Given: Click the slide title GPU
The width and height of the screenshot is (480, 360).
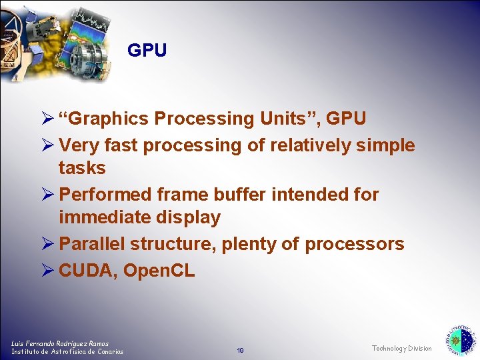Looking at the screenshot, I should point(147,51).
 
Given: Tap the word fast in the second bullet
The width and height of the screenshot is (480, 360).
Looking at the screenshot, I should point(121,145).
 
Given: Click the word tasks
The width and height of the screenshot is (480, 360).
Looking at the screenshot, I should point(82,168).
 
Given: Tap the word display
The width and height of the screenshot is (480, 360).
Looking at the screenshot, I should point(189,217).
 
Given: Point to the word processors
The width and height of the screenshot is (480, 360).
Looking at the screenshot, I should point(354,244).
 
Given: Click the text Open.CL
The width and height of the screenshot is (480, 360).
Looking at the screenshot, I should point(159,271).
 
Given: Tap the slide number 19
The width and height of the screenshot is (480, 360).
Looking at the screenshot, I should point(240,350).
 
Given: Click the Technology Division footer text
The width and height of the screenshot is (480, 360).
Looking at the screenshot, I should point(401,349).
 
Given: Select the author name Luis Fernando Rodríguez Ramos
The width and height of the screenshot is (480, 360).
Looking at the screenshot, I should point(60,343).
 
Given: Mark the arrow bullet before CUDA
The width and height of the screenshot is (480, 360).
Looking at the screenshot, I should point(48,271).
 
